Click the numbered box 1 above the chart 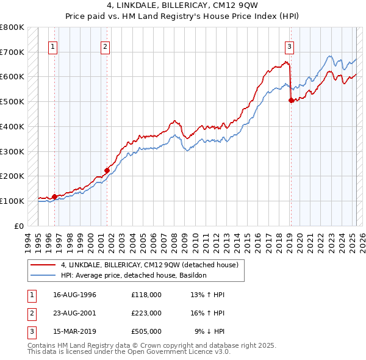click(x=53, y=46)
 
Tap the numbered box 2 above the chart click(x=106, y=46)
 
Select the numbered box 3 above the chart click(x=289, y=46)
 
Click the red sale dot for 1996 click(x=54, y=196)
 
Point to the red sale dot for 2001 click(x=107, y=171)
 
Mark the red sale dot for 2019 click(x=291, y=101)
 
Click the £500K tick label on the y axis click(x=12, y=101)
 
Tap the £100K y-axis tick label click(x=12, y=201)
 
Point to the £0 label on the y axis click(x=19, y=226)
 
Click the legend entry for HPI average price click(x=134, y=275)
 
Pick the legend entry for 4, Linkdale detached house click(x=152, y=265)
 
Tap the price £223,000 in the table click(x=146, y=313)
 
